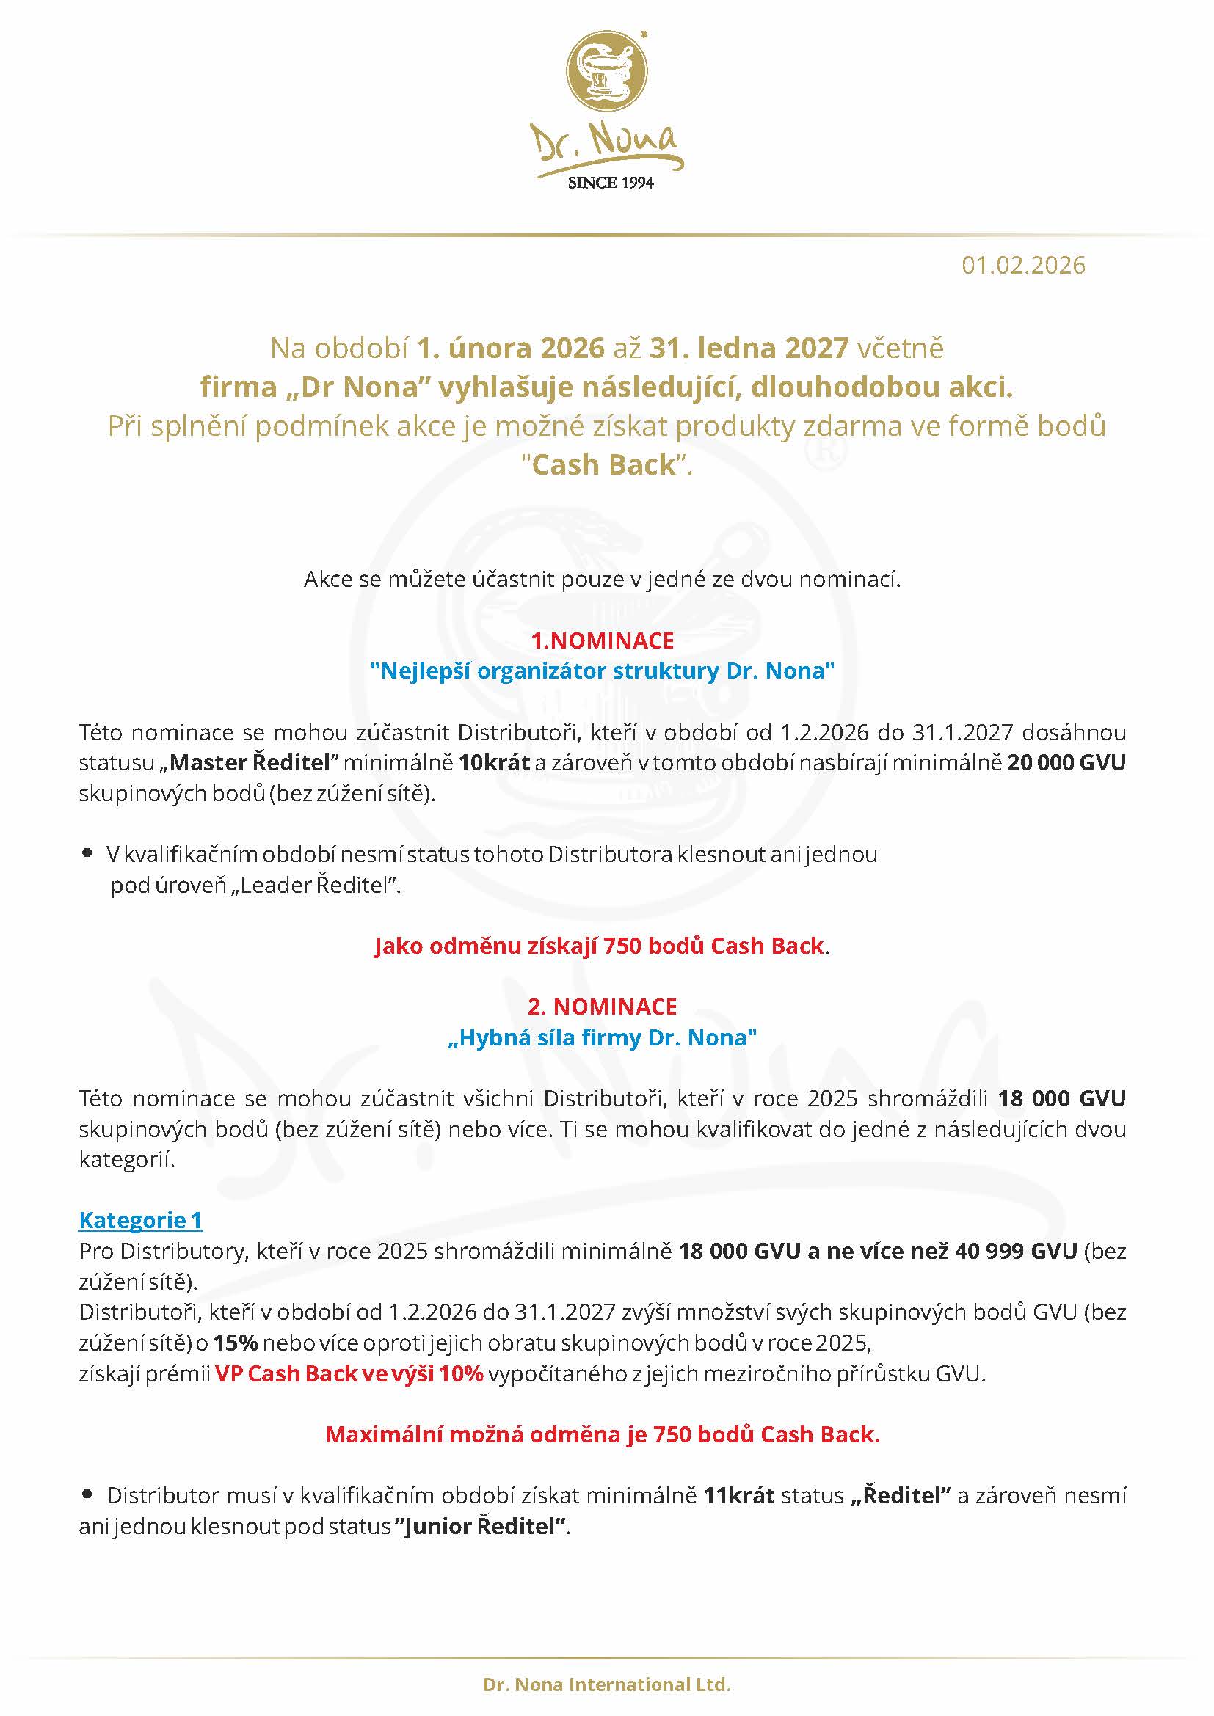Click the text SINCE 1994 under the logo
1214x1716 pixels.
coord(610,183)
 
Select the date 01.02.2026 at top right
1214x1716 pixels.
coord(1022,266)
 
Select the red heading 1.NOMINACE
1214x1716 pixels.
coord(603,640)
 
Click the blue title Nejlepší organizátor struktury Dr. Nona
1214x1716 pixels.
coord(603,671)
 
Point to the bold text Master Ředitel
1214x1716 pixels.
coord(250,763)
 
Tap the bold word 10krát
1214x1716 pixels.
coord(494,763)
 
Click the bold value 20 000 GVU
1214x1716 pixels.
coord(1065,763)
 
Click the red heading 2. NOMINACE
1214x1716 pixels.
coord(603,1007)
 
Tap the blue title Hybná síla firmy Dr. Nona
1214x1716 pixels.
coord(603,1038)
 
